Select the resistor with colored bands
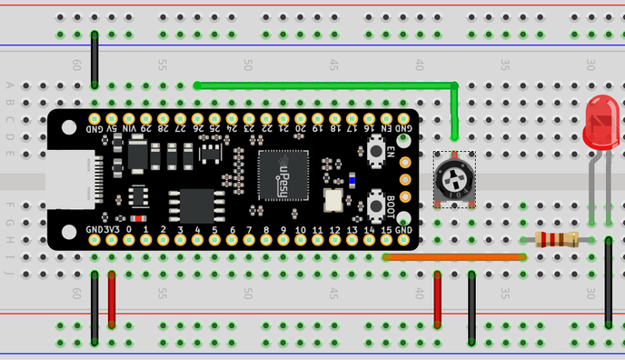557,240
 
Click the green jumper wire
327,85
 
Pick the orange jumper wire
454,257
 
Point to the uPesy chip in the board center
283,175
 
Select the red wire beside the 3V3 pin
112,298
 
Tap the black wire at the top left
94,59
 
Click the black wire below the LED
608,282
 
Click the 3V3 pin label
112,229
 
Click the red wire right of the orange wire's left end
438,298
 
